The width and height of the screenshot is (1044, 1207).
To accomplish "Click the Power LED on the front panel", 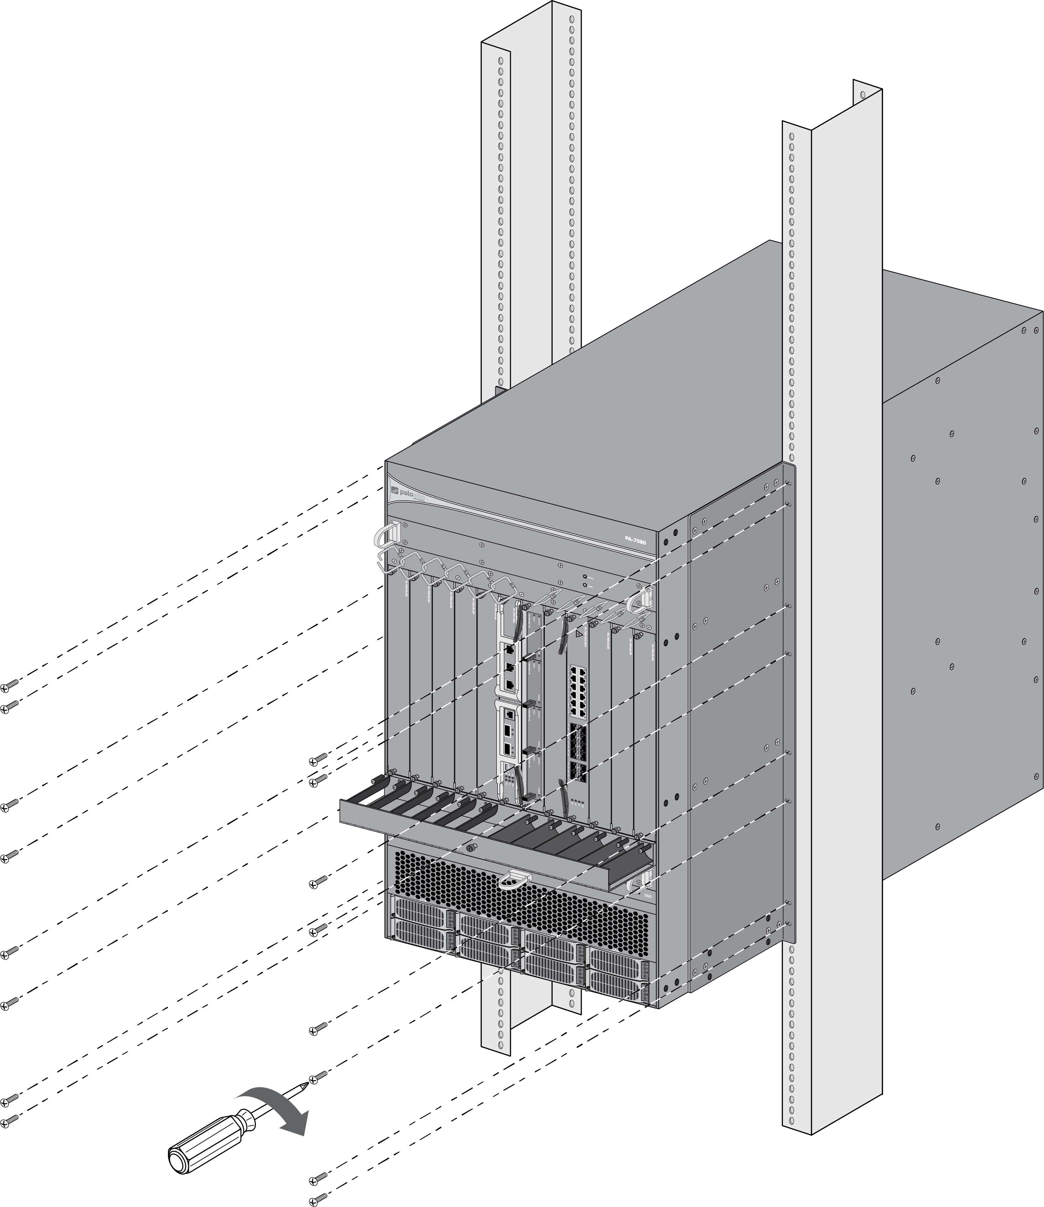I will [584, 577].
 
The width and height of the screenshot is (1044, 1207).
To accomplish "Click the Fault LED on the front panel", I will [584, 585].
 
